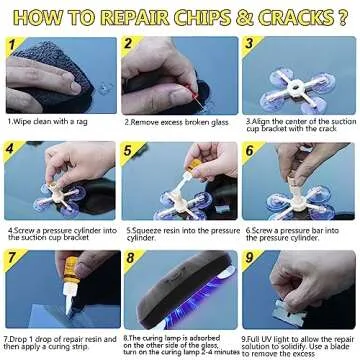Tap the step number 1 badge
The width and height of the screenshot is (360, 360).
[11, 44]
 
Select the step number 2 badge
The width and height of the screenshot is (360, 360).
[130, 44]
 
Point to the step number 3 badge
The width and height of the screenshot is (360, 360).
[249, 44]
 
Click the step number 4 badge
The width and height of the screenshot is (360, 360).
[11, 149]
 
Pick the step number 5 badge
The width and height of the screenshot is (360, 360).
[130, 149]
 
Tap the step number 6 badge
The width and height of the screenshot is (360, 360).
[249, 149]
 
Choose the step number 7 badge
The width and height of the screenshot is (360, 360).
[11, 256]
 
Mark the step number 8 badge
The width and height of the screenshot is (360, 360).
[130, 256]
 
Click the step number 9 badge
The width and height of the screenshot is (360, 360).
[249, 256]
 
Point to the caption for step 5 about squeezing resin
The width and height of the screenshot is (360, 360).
[178, 231]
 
